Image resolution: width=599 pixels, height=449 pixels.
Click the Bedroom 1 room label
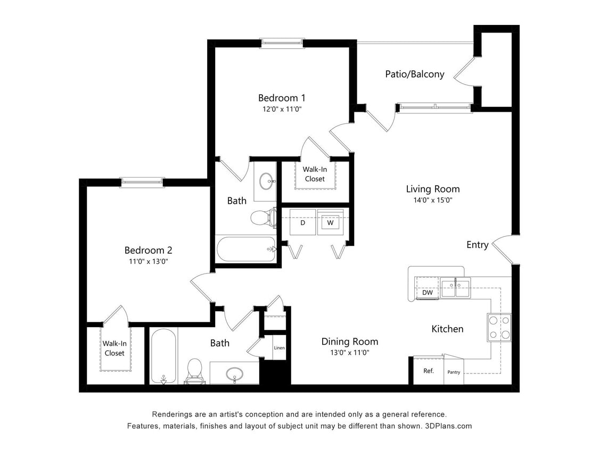click(282, 98)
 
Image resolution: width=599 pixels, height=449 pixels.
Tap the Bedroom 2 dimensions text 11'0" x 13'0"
click(149, 261)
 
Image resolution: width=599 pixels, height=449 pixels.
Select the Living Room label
click(432, 189)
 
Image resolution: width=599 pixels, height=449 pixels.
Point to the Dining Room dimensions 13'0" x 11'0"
click(349, 352)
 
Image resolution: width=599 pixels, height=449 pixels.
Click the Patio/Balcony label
click(414, 74)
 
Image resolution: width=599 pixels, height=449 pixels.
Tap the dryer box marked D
click(302, 222)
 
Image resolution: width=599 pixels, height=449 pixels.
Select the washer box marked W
click(330, 222)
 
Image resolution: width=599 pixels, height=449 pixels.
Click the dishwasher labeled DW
click(427, 293)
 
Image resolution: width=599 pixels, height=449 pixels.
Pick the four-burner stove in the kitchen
click(499, 327)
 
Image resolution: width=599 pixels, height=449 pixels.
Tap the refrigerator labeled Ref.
click(429, 371)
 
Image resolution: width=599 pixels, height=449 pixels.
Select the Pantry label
click(454, 372)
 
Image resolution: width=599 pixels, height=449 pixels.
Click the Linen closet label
click(279, 348)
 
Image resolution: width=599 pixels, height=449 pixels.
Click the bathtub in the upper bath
click(246, 249)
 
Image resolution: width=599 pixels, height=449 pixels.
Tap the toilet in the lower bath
click(194, 370)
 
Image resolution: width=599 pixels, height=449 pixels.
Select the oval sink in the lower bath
click(234, 374)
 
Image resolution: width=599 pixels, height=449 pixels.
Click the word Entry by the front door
click(477, 245)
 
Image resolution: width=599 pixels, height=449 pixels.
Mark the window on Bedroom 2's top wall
click(142, 182)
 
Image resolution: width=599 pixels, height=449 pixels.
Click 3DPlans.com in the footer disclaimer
click(449, 426)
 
